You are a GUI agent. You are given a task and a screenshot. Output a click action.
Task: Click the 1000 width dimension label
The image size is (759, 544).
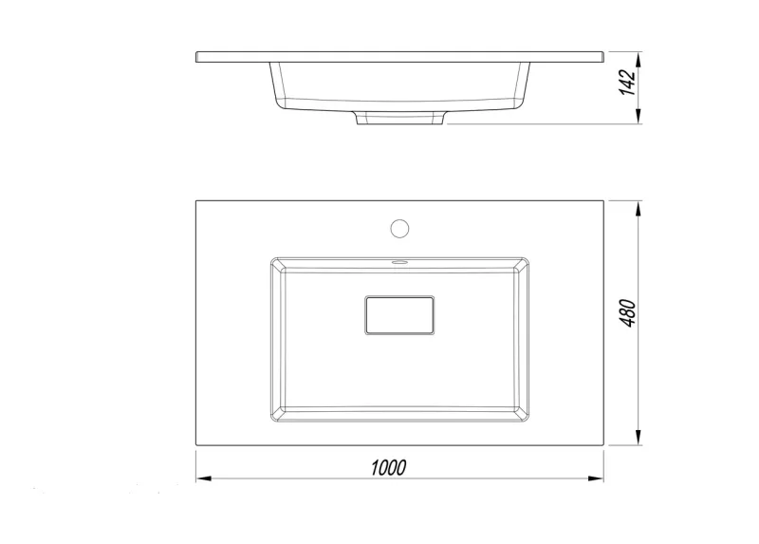point(388,467)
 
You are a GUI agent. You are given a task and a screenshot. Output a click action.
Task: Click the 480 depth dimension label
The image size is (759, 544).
point(628,313)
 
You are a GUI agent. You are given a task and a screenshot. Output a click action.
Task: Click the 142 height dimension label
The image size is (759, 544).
point(628,83)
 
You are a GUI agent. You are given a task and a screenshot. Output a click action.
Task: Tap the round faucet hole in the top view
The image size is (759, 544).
point(399,228)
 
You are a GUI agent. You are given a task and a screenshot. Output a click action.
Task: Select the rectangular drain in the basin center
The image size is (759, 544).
point(399,315)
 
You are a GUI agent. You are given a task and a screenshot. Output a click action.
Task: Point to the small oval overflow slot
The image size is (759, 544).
point(399,263)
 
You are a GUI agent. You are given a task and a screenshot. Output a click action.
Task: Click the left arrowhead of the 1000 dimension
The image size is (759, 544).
point(203,478)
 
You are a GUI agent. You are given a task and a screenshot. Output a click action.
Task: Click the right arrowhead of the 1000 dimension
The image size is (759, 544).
point(597,478)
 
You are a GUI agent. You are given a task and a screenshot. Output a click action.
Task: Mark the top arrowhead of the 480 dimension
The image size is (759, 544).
point(639,208)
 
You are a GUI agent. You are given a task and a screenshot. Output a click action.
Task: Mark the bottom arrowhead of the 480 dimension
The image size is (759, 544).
point(639,437)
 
